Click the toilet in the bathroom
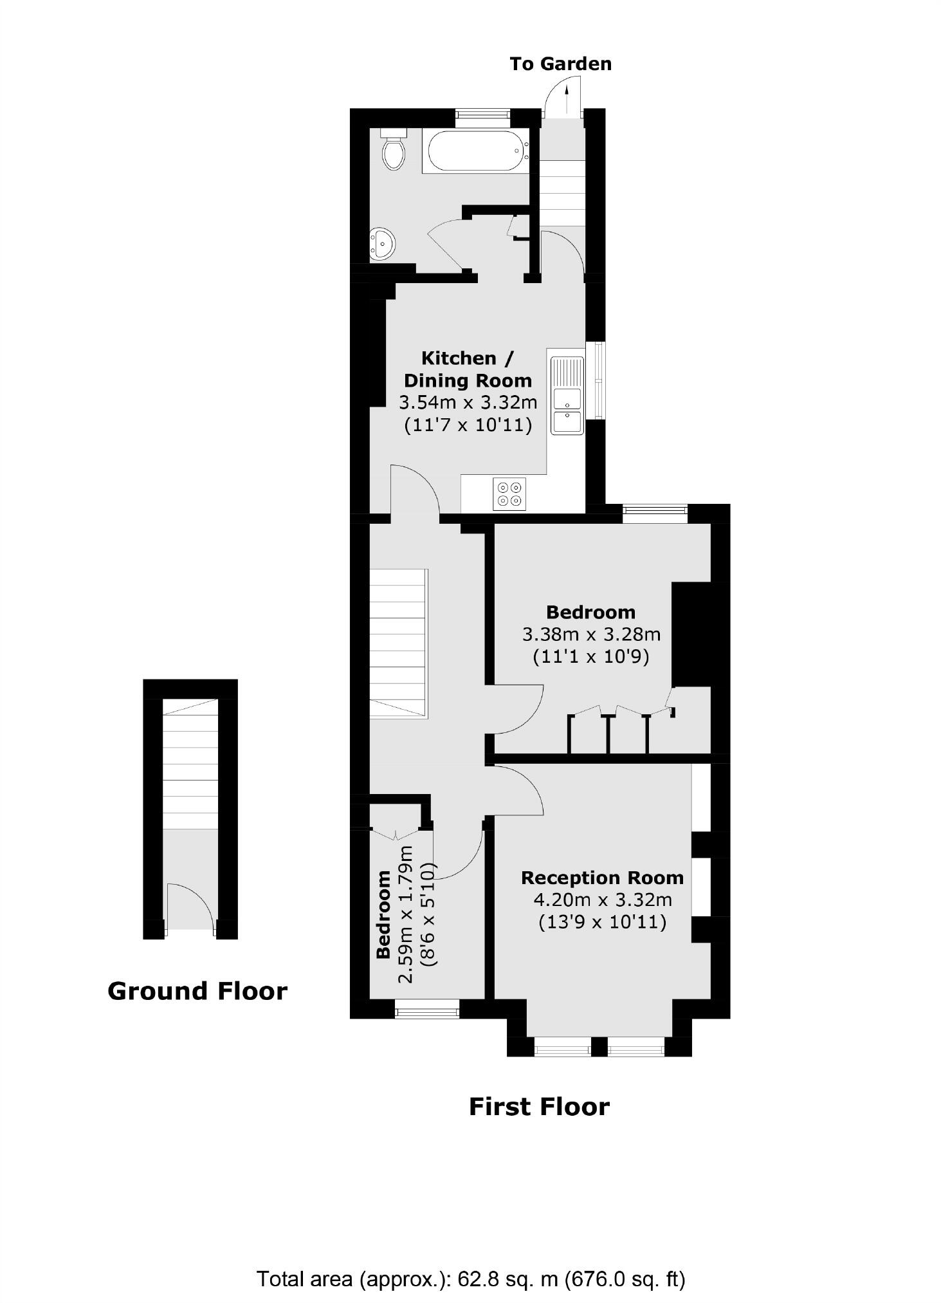393,151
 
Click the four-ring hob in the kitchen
509,494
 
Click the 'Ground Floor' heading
197,991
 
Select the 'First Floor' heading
539,1107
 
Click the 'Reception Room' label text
602,878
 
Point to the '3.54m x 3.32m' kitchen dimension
468,403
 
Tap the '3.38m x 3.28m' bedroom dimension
591,634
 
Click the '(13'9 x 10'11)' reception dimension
602,922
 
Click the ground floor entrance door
190,907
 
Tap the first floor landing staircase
399,643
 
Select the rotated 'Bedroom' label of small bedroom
383,914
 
